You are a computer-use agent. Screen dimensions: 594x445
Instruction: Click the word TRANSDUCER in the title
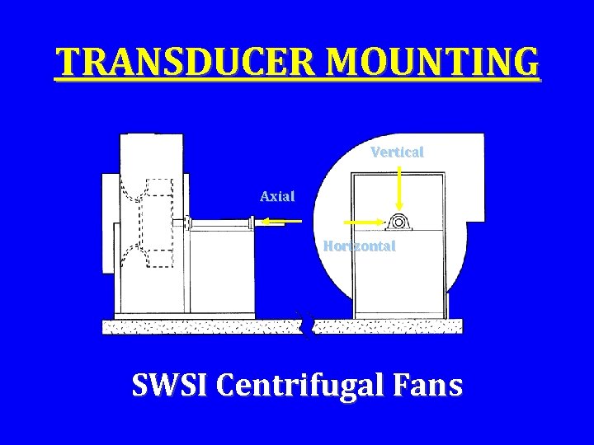[165, 62]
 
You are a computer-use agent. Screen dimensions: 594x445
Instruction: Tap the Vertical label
[397, 152]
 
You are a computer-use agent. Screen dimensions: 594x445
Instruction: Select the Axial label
[277, 196]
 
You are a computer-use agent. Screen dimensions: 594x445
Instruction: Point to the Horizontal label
[359, 246]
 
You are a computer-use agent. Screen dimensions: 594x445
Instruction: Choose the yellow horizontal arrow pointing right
[363, 222]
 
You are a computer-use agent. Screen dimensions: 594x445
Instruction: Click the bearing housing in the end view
[399, 222]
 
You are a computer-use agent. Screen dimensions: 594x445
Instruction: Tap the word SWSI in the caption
[171, 385]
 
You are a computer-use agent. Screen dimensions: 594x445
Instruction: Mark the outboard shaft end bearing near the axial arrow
[250, 221]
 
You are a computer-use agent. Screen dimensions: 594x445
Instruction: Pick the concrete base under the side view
[198, 326]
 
